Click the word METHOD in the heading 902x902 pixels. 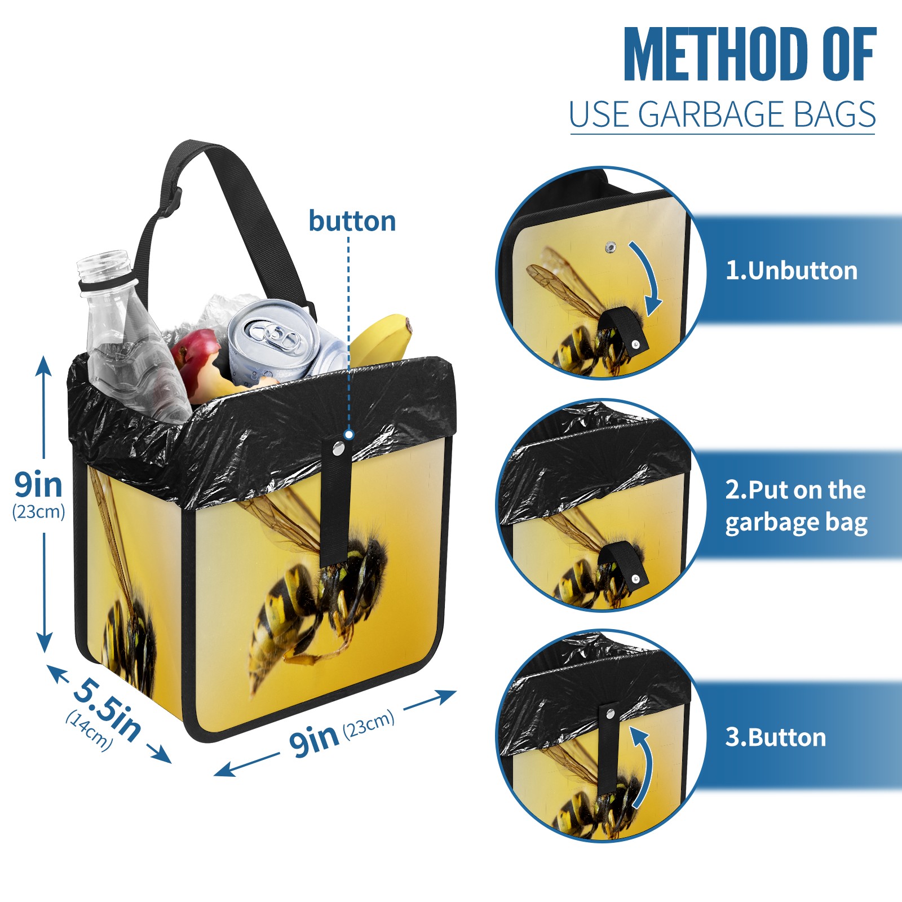716,54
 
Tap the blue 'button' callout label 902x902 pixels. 352,221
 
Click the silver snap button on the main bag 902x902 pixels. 338,449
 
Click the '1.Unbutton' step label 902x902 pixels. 791,271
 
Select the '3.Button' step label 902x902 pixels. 775,737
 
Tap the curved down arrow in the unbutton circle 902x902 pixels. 648,276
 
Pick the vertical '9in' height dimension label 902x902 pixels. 38,485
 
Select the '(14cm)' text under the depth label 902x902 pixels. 89,731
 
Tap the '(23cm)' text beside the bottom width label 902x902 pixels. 369,724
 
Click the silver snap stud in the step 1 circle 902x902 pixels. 610,247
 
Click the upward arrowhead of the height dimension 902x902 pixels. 44,365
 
